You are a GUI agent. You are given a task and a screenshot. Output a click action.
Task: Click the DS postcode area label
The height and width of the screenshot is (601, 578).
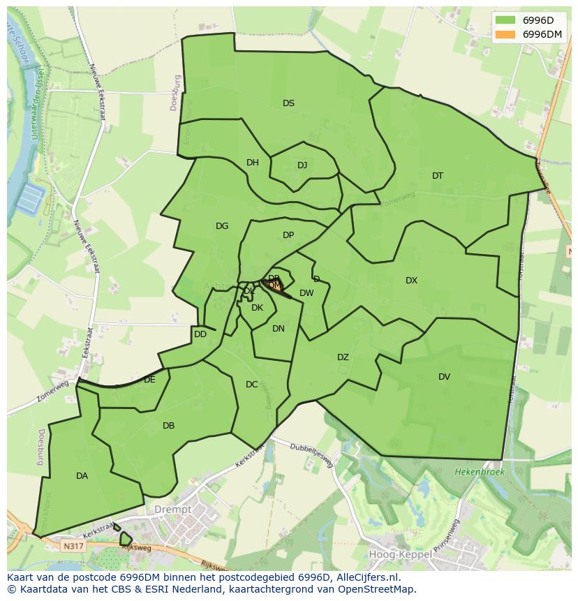pos(288,103)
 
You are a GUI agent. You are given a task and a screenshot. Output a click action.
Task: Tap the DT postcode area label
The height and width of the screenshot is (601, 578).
pos(437,176)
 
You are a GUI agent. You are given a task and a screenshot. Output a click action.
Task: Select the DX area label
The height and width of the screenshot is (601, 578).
pos(411,281)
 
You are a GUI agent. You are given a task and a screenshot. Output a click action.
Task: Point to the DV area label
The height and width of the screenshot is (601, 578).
pos(444,377)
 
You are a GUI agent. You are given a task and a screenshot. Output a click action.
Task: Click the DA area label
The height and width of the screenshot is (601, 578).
pos(82,476)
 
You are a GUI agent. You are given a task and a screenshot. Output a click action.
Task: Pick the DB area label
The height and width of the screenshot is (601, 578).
pos(168,426)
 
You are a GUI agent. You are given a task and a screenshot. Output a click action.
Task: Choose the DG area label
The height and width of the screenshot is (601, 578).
pos(222,226)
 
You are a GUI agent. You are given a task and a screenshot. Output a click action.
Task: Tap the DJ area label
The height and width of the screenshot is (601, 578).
pos(302,165)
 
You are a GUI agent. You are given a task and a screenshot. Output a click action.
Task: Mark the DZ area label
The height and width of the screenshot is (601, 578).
pos(343,357)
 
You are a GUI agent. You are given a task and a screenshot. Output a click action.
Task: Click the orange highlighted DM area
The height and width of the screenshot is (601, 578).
pos(275,285)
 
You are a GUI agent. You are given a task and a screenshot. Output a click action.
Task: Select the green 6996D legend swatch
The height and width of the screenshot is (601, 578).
pos(505,20)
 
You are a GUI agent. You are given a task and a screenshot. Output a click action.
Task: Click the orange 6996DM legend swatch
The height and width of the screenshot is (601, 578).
pos(505,34)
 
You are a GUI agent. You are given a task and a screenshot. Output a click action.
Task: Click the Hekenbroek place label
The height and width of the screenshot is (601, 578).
pos(479,473)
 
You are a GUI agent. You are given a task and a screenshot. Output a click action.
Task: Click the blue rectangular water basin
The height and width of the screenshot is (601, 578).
pos(29,198)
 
